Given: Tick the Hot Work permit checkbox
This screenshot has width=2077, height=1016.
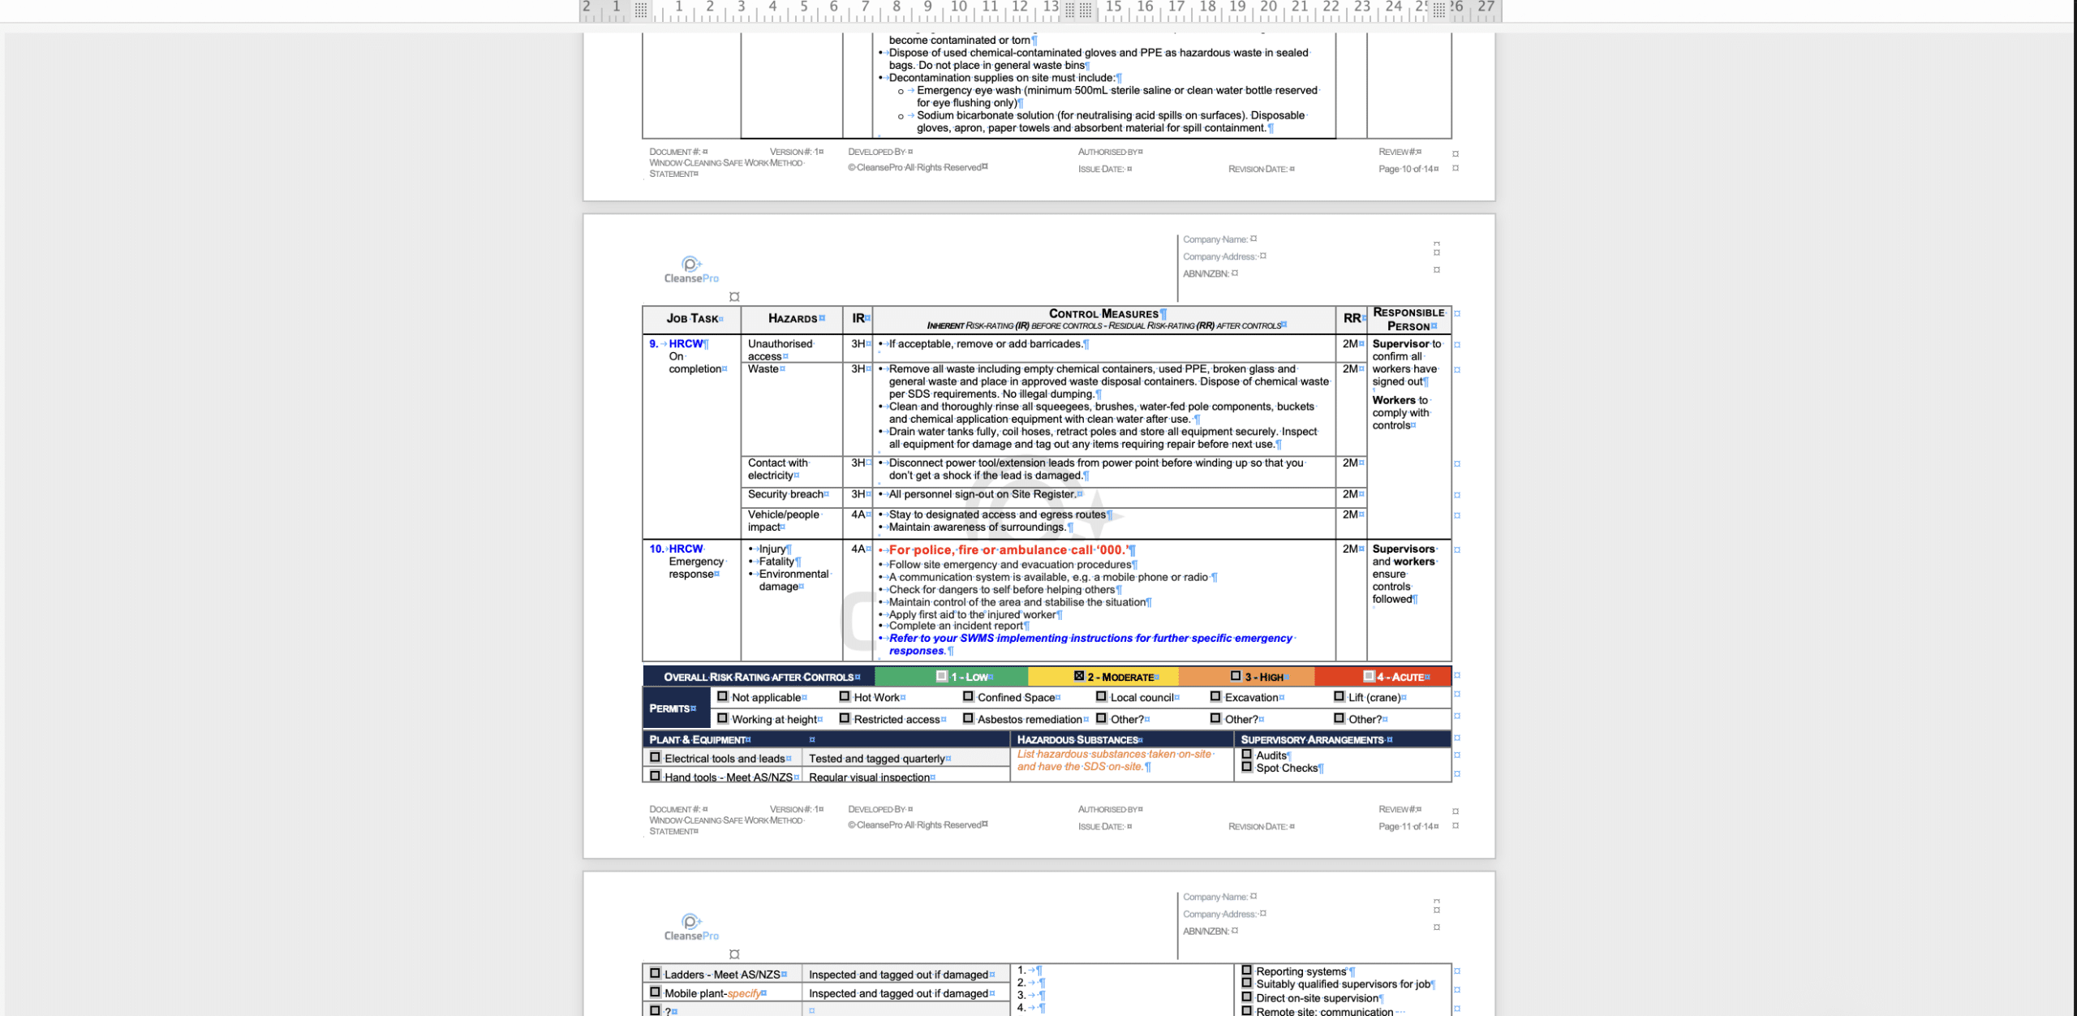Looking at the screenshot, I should tap(845, 696).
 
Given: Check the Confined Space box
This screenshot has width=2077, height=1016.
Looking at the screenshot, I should tap(968, 696).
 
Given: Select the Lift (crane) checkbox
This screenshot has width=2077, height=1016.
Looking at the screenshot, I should tap(1339, 696).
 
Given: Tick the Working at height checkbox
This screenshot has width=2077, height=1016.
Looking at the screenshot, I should tap(722, 718).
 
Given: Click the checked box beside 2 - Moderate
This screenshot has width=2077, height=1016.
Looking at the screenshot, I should tap(1078, 676).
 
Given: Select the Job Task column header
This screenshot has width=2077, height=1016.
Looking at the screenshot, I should tap(692, 319).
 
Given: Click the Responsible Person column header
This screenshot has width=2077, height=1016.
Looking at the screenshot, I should tap(1408, 319).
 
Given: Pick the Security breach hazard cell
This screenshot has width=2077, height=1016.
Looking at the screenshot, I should tap(785, 494).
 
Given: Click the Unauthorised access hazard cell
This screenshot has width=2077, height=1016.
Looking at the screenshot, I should tap(780, 350).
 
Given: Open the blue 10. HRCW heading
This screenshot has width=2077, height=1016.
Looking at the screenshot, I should tap(686, 549).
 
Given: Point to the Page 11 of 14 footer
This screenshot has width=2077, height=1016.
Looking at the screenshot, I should tap(1406, 826).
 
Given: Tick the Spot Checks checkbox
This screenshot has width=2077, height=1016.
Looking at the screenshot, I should tap(1247, 767).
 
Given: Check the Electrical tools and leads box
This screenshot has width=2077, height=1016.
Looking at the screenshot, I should tap(655, 758).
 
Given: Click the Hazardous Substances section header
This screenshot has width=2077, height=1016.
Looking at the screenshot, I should tap(1077, 740).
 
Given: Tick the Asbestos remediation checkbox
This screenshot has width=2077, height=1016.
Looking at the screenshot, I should tap(968, 718).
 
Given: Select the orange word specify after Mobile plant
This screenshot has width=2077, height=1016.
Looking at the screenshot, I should tap(744, 993).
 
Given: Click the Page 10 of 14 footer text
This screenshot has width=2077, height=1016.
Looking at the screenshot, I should tap(1406, 169).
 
